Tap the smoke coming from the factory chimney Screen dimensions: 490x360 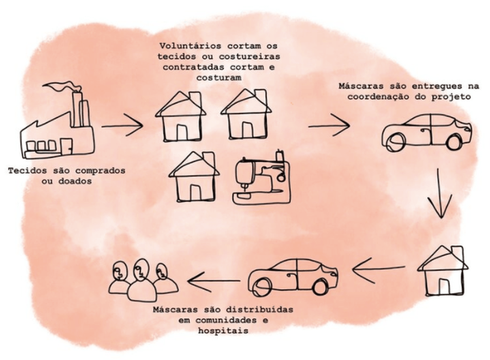point(62,86)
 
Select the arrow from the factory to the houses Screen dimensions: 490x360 point(122,125)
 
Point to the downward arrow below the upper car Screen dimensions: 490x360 point(440,193)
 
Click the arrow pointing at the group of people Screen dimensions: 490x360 point(214,281)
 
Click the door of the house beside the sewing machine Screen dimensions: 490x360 point(195,192)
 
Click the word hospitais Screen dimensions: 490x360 point(223,331)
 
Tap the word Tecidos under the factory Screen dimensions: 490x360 point(28,170)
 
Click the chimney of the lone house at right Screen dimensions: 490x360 point(457,254)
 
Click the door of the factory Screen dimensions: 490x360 point(66,147)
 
